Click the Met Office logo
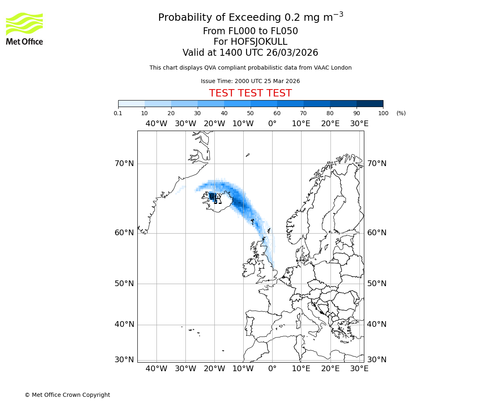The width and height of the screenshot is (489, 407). point(24,28)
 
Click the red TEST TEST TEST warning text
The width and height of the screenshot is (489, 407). point(250,94)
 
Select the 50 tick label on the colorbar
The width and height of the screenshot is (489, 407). point(250,113)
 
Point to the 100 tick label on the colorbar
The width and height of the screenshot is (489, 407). point(383,113)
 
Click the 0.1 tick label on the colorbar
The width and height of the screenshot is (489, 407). point(118,113)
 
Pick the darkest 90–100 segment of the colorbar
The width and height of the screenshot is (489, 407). point(370,103)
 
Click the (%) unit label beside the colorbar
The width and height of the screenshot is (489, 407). point(401,113)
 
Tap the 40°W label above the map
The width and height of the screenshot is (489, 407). point(156,124)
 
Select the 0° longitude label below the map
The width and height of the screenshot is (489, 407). point(272,369)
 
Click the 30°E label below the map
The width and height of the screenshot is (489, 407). point(359,369)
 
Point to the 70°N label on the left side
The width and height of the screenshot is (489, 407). point(124,164)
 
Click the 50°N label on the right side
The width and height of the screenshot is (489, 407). point(377,284)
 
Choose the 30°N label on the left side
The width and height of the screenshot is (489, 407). point(124,360)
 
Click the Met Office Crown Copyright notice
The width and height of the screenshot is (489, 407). point(67,395)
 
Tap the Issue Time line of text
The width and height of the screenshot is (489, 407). point(250,81)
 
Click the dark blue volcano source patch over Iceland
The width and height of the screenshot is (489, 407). point(212,197)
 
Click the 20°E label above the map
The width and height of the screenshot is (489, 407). point(330,124)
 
